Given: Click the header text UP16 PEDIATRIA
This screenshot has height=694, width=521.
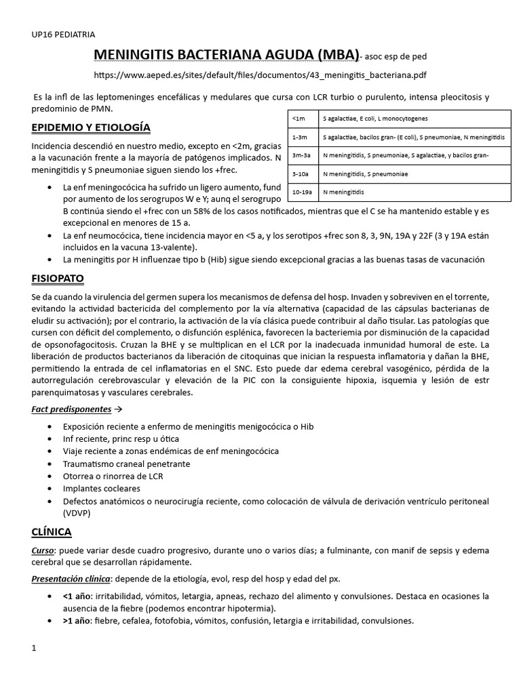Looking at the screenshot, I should coord(63,33).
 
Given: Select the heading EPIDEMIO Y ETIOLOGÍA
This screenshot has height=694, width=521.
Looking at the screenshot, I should coord(91,127).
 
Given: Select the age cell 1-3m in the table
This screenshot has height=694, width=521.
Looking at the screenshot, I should coord(300,138).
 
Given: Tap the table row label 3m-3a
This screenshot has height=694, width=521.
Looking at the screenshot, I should coord(301,156).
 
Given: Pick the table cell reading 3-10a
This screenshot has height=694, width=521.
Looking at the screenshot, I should coord(301,174).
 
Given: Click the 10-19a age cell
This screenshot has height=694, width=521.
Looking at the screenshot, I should coord(302,192).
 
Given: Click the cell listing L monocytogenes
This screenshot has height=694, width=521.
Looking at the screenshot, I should coord(375,119).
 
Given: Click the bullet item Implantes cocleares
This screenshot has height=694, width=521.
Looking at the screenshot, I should coord(101,488).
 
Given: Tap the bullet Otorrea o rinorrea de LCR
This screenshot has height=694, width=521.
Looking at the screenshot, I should coord(113,476).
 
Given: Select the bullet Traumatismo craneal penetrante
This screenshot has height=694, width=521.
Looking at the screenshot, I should coord(126,464).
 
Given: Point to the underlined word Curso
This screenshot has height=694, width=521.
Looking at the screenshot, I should coord(44,550).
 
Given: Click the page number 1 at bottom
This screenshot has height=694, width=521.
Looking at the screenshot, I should coord(34,649).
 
